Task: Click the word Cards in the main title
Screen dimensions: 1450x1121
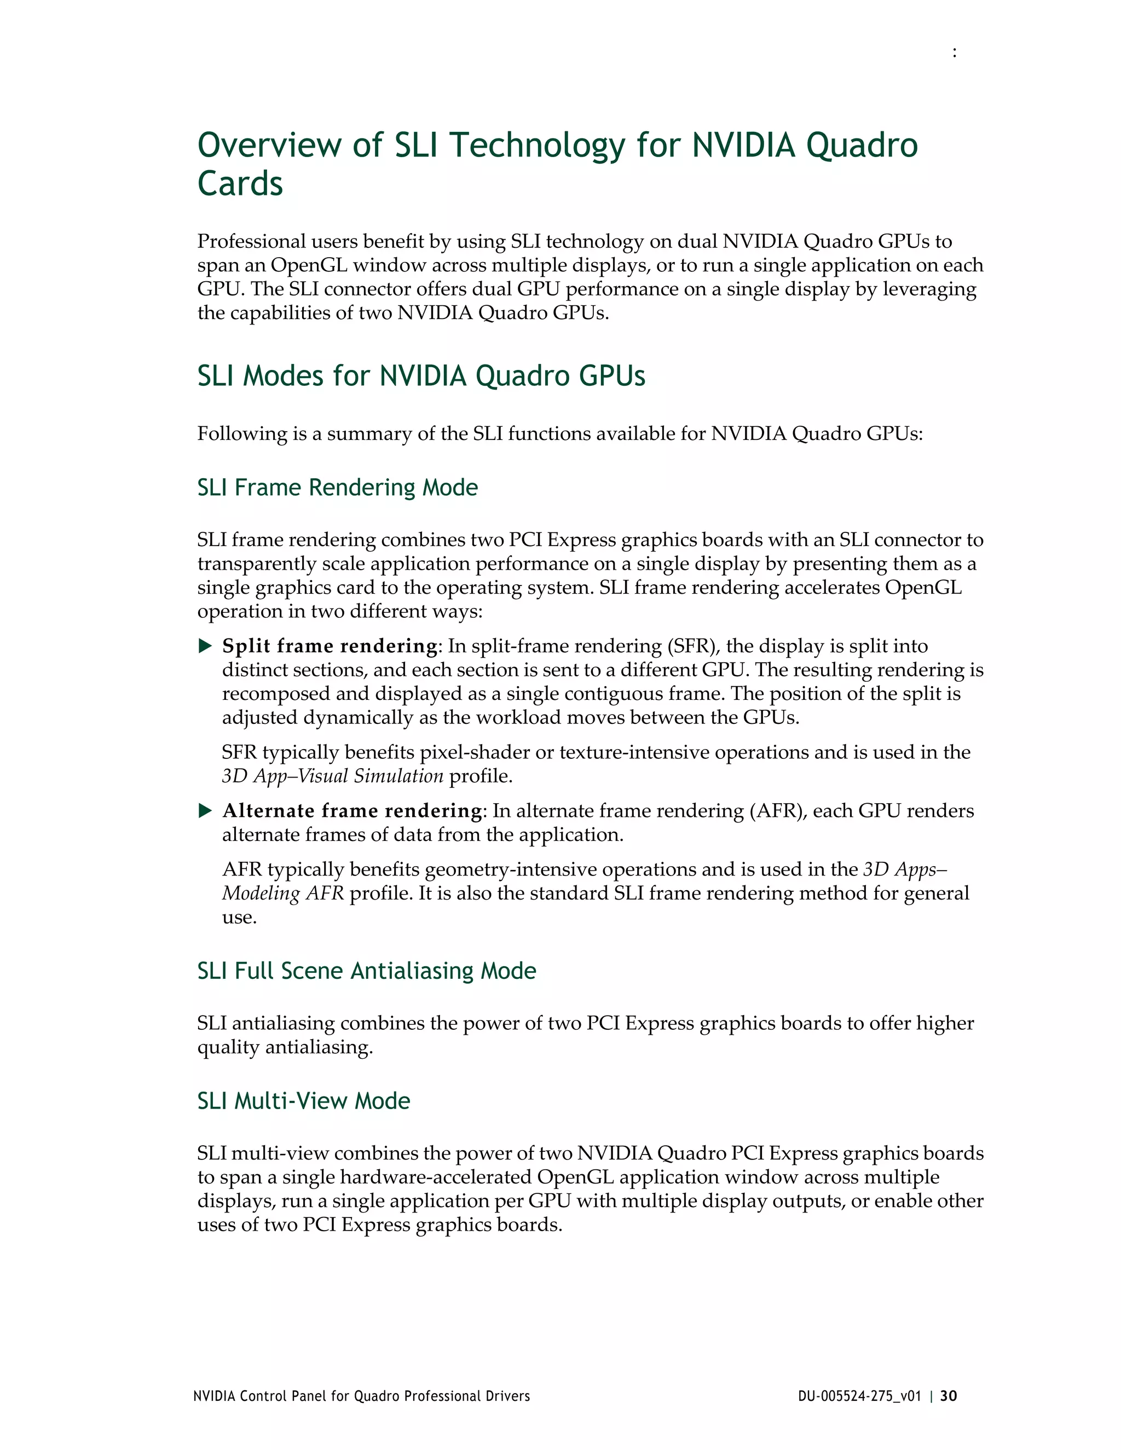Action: [x=240, y=184]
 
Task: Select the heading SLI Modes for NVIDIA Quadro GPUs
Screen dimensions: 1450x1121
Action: [x=421, y=376]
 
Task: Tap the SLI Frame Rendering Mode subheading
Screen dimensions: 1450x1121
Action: [x=337, y=488]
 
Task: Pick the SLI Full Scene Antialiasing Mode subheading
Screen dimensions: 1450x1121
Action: [x=367, y=971]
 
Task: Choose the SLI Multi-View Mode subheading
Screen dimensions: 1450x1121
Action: [x=303, y=1101]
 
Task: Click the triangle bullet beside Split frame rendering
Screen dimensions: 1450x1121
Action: [x=205, y=646]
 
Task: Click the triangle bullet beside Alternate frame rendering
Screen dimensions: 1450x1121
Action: [x=205, y=811]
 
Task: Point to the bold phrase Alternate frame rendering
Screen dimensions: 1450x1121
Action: [x=353, y=811]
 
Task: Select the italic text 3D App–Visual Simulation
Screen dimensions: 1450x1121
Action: [x=333, y=776]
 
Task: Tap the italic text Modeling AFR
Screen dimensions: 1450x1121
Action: [x=283, y=894]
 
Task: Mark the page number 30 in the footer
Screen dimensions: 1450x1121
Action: [x=949, y=1396]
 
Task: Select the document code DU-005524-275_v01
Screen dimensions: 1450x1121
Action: [x=859, y=1396]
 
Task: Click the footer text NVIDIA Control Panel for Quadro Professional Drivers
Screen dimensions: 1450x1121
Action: [x=361, y=1396]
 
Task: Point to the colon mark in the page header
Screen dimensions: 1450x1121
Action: [x=954, y=53]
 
